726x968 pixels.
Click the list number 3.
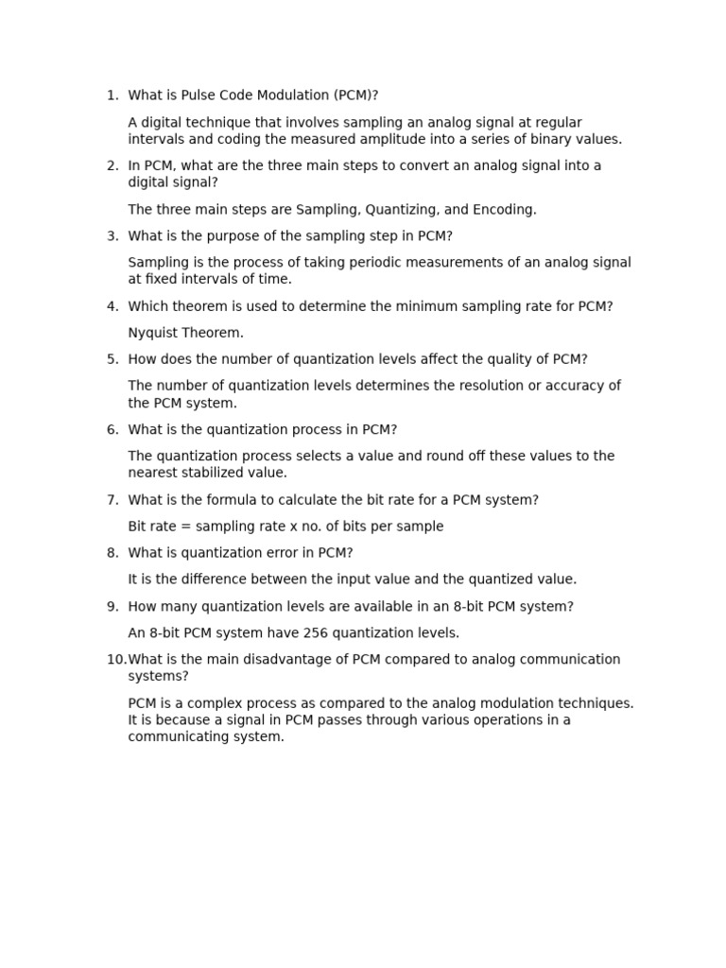(x=112, y=236)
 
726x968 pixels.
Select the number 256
(x=303, y=633)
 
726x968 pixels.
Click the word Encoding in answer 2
(x=500, y=210)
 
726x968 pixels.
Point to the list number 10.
(x=115, y=660)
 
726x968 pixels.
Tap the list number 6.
(x=112, y=430)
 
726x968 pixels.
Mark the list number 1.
(x=112, y=95)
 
